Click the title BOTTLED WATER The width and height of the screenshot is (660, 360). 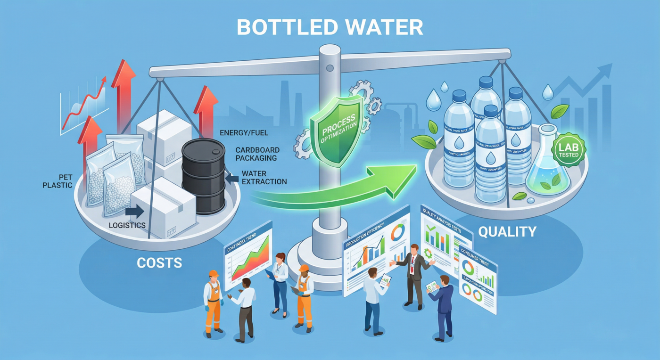click(330, 27)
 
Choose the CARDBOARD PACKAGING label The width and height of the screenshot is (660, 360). click(256, 154)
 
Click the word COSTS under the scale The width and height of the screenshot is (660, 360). click(159, 262)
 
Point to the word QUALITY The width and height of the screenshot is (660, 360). click(507, 231)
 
